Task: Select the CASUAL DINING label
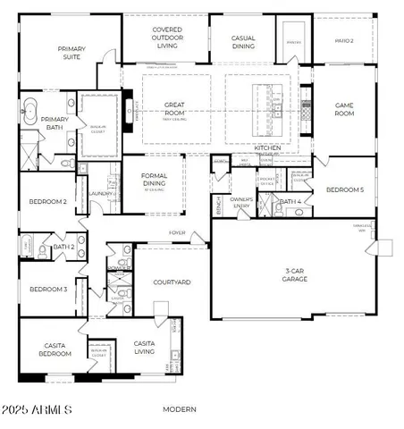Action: [243, 42]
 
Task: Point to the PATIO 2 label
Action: [344, 40]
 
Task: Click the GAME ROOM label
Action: [344, 110]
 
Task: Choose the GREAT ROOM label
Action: [174, 109]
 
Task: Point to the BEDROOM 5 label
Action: [344, 189]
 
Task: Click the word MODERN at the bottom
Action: [181, 409]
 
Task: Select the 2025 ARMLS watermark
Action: [38, 409]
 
